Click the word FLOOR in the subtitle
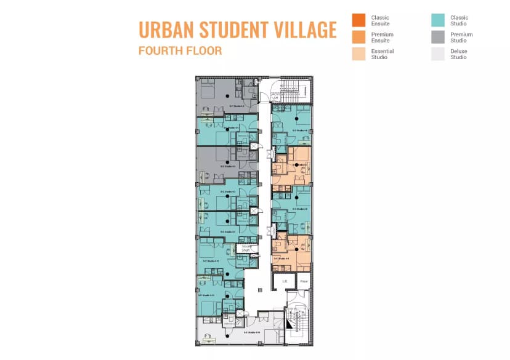pos(204,50)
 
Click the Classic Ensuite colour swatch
pos(358,20)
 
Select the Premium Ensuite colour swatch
pos(358,38)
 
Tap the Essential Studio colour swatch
pos(358,54)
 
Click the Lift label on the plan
pos(285,281)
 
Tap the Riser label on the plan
pos(304,281)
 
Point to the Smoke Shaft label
pos(246,248)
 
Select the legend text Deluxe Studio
pos(459,54)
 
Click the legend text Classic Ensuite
pos(381,20)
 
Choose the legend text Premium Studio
pos(461,38)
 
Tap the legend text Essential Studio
pos(382,54)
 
